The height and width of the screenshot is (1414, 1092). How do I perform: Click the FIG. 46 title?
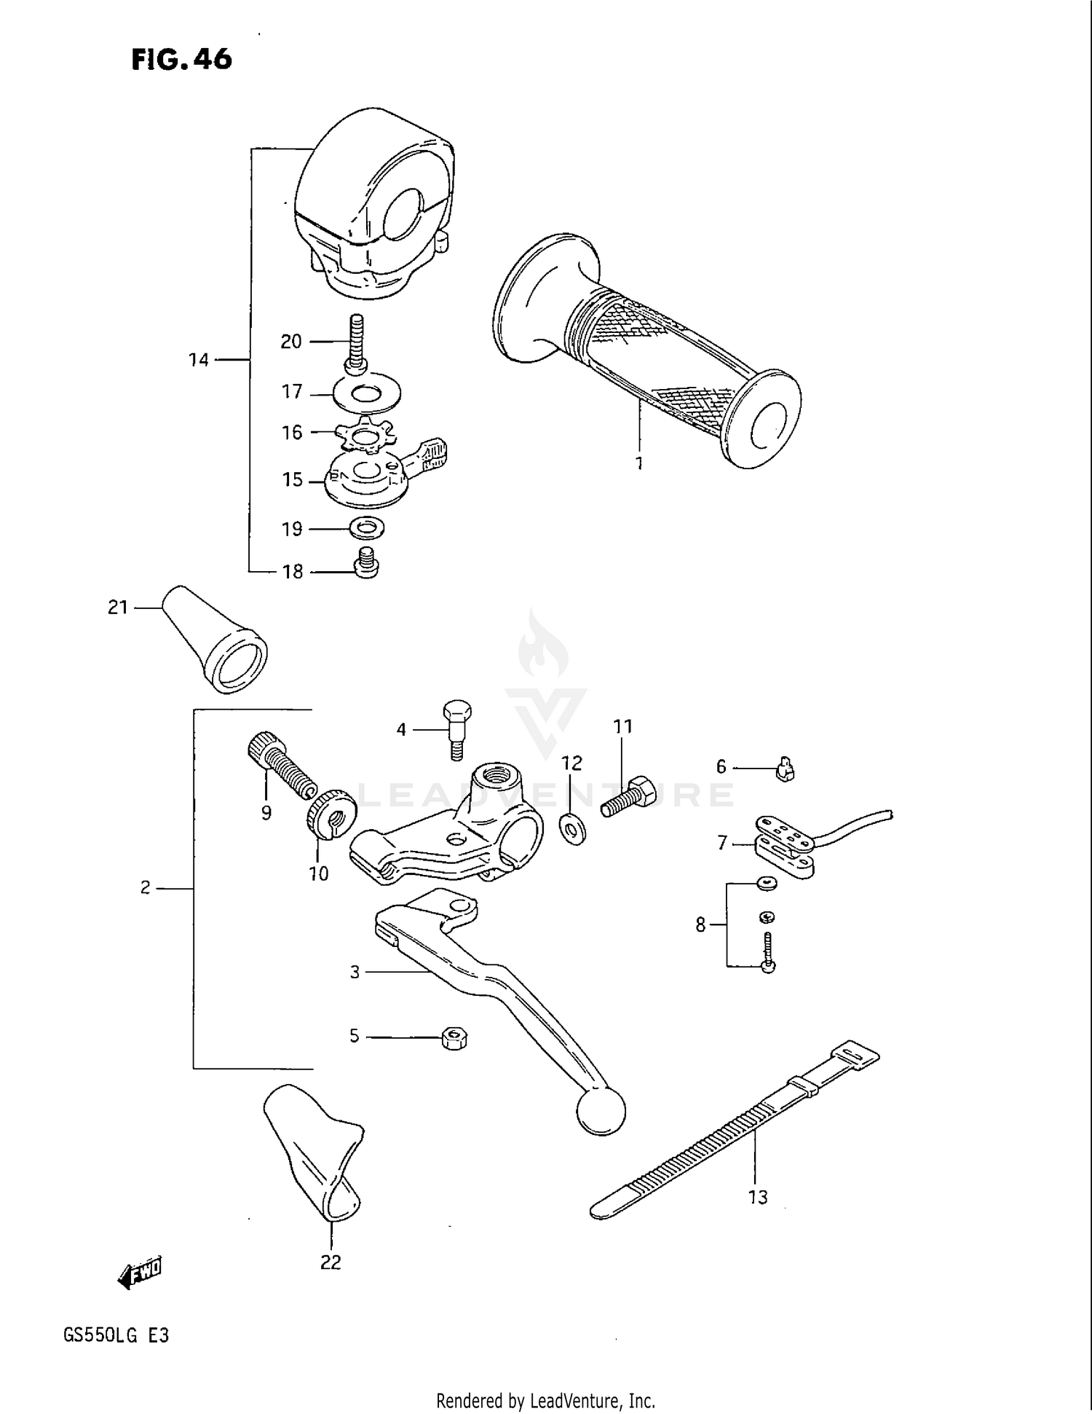[182, 59]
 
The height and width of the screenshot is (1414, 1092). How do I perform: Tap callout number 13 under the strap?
[758, 1198]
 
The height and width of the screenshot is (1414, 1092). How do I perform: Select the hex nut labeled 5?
[454, 1037]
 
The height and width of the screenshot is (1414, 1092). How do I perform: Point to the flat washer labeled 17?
[367, 395]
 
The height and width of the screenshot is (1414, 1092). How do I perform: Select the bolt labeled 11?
[628, 798]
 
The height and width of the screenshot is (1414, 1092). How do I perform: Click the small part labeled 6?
[785, 769]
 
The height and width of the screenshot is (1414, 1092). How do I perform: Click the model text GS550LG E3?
[116, 1335]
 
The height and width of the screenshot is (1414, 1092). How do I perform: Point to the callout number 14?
[198, 360]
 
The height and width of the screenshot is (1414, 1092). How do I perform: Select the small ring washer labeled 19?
[368, 527]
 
